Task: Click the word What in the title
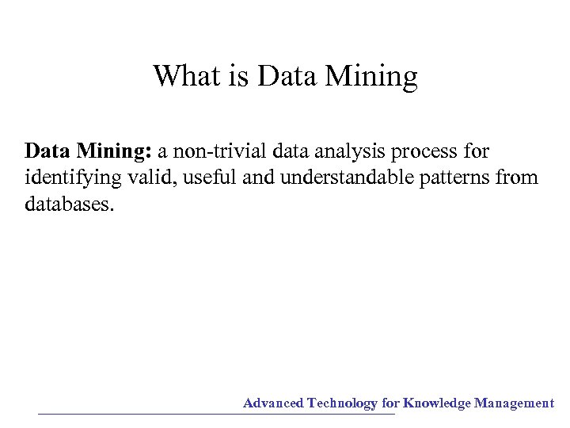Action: pyautogui.click(x=185, y=77)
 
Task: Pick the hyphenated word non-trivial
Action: pyautogui.click(x=225, y=151)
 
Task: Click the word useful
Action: pyautogui.click(x=211, y=178)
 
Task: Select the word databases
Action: pyautogui.click(x=70, y=204)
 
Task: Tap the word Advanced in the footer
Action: pyautogui.click(x=273, y=403)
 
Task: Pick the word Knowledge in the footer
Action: pyautogui.click(x=437, y=403)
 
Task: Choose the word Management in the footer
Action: pyautogui.click(x=515, y=403)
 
